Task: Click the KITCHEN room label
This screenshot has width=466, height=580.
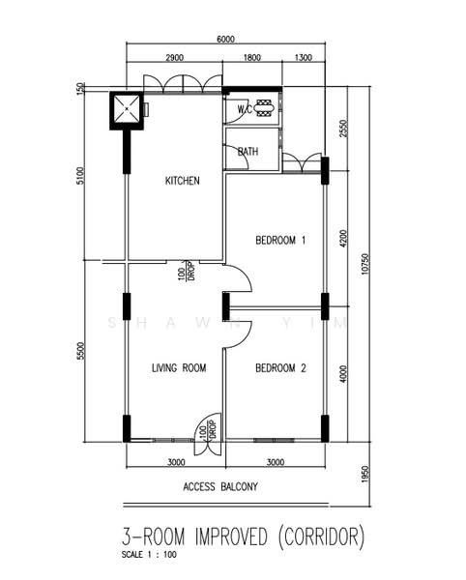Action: tap(182, 181)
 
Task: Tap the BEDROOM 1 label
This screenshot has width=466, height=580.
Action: tap(280, 240)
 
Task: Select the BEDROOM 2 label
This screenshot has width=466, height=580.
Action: tap(280, 367)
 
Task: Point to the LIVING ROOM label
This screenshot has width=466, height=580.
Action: tap(180, 367)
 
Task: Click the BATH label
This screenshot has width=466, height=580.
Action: tap(248, 152)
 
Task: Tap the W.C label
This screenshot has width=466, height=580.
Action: tap(245, 109)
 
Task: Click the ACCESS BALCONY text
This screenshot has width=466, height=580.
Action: tap(220, 488)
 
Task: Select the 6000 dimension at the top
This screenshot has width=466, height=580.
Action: tap(224, 39)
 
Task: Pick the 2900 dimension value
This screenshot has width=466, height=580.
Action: tap(175, 59)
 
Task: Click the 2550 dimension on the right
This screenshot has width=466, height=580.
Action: tap(343, 129)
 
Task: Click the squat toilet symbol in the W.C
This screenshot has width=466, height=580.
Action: tap(265, 108)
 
